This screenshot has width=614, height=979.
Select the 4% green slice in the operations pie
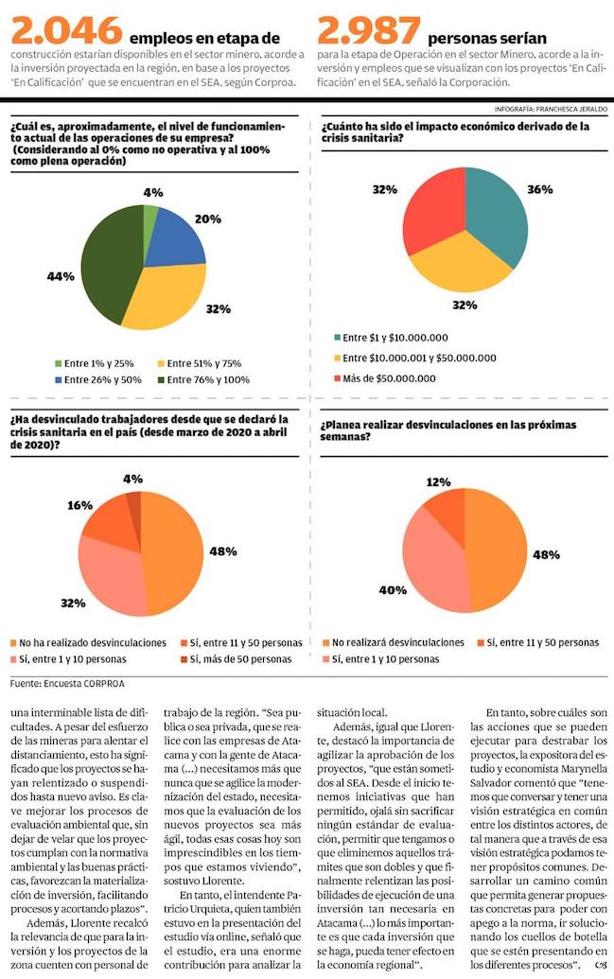tap(149, 215)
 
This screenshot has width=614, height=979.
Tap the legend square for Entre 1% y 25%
tap(58, 362)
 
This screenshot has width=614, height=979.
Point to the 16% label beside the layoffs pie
tap(79, 507)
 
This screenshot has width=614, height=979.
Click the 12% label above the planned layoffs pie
tap(438, 482)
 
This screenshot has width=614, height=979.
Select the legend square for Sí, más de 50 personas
tap(183, 658)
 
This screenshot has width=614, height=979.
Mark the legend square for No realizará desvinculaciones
tap(327, 642)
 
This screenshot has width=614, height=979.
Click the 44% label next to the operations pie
tap(60, 276)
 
